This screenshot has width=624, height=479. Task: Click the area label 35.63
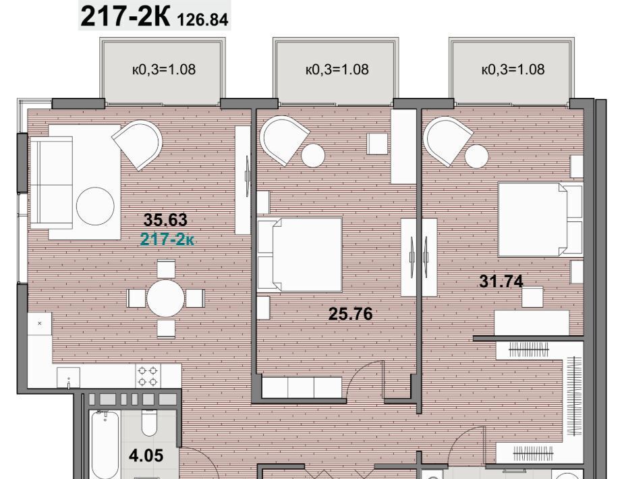coord(165,219)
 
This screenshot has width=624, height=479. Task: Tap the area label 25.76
coord(351,314)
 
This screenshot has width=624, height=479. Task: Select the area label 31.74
coord(501,281)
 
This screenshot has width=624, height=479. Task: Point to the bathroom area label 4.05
coord(146,455)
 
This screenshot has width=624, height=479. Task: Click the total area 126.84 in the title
coord(202,19)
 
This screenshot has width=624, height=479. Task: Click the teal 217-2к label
coord(167,239)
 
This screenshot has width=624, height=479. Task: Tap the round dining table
coord(165,298)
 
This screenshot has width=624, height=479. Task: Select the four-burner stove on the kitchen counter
coord(147,376)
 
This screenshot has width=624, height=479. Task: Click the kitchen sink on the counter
coord(68,378)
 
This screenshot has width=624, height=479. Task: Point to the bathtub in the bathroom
coord(105,445)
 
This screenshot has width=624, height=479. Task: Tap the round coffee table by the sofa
coord(96,206)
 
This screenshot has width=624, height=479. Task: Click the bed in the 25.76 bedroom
coord(300,254)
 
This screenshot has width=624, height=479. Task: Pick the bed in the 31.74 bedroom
coord(540,219)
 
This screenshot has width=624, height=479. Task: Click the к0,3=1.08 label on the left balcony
coord(164,69)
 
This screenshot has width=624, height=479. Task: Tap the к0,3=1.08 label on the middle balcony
coord(337,69)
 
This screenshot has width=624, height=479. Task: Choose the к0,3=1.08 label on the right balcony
coord(513,69)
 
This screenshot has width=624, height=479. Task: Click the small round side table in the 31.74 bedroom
coord(476,157)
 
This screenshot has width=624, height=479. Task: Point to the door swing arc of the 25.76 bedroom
coord(358,371)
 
